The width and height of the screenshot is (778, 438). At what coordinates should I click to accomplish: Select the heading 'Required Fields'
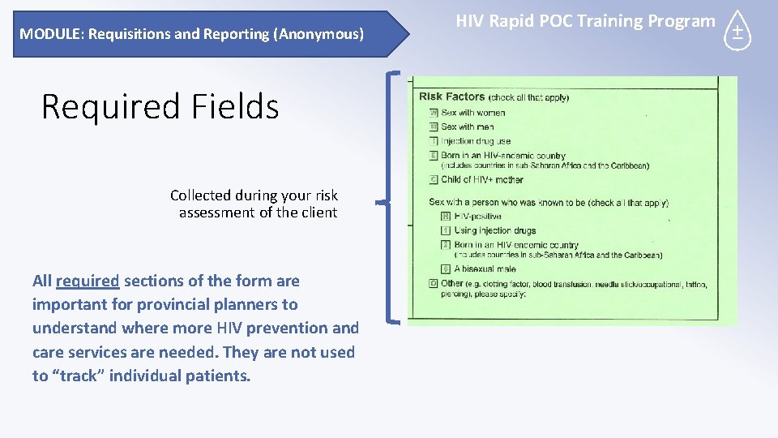[x=160, y=106]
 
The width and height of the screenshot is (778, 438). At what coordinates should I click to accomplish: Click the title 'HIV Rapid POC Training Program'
[x=585, y=22]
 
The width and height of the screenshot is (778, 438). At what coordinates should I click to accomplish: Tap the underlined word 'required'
[x=88, y=281]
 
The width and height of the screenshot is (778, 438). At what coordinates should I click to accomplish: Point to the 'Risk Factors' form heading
[x=451, y=97]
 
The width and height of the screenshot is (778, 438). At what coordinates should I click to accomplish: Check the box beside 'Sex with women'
[x=434, y=113]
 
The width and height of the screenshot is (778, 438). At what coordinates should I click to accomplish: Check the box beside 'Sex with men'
[x=434, y=127]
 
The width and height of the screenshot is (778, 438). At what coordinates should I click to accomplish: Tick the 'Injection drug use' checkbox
[x=434, y=140]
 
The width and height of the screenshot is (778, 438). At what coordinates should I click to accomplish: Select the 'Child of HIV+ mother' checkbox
[x=434, y=179]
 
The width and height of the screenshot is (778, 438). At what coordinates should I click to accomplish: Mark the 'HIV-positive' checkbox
[x=446, y=217]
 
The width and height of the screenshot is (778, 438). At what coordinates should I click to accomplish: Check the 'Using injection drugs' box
[x=446, y=230]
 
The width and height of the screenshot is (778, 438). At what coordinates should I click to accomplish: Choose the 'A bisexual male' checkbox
[x=446, y=268]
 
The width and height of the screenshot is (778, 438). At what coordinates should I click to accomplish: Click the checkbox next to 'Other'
[x=434, y=284]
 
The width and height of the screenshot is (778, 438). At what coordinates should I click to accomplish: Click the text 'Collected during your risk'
[x=254, y=195]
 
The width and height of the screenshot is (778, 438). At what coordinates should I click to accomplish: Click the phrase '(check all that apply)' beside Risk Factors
[x=528, y=97]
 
